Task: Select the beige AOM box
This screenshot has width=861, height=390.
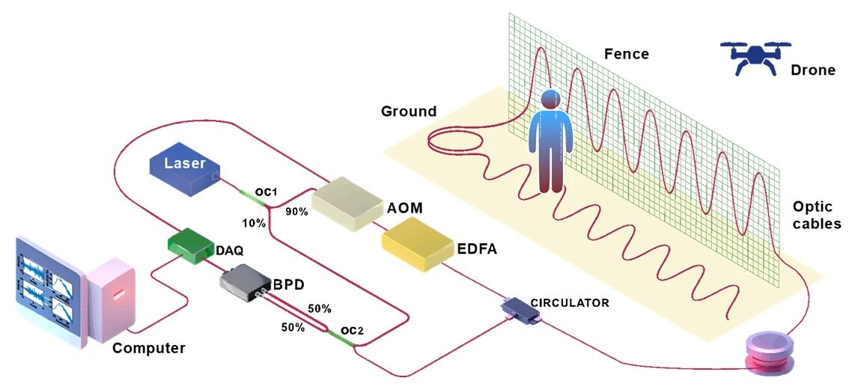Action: (x=347, y=201)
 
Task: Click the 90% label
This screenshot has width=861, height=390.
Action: (x=297, y=212)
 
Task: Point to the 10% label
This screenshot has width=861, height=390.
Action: (x=253, y=223)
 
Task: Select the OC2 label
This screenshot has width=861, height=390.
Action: (x=352, y=330)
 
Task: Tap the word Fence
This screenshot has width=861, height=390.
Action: (x=627, y=54)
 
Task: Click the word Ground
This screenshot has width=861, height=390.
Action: (x=408, y=112)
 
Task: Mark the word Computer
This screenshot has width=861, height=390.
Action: (x=148, y=348)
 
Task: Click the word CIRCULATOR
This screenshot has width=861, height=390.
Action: (x=569, y=303)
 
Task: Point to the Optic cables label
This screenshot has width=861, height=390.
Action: (x=817, y=215)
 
